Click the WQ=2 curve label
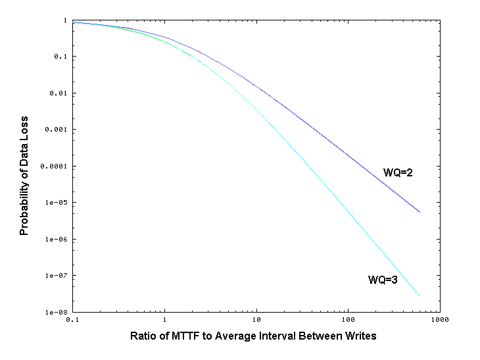tap(397, 172)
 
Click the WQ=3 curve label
tap(382, 280)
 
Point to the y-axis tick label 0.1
tap(60, 57)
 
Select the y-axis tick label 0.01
tap(59, 93)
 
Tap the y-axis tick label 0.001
tap(57, 130)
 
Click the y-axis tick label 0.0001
tap(55, 167)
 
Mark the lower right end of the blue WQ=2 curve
tap(420, 212)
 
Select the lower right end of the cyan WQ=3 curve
tap(420, 296)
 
